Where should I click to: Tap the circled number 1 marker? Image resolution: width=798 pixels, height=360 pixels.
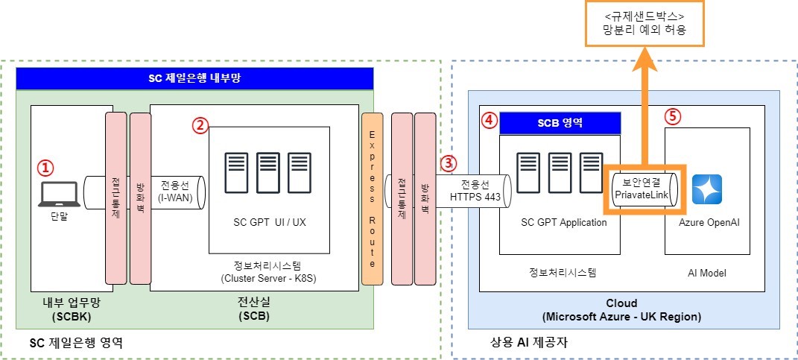pyautogui.click(x=46, y=168)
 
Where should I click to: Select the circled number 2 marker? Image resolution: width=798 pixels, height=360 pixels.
pyautogui.click(x=199, y=125)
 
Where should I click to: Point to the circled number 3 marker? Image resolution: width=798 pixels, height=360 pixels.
pyautogui.click(x=447, y=162)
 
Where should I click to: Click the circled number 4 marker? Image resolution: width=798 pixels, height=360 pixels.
pyautogui.click(x=488, y=119)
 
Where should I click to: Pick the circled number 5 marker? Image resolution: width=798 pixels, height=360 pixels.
pyautogui.click(x=672, y=117)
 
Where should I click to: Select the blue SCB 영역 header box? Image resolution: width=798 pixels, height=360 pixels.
pyautogui.click(x=560, y=124)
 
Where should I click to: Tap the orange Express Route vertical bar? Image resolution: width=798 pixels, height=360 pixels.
pyautogui.click(x=372, y=199)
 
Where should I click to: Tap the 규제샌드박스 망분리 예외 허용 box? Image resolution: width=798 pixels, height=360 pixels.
pyautogui.click(x=644, y=23)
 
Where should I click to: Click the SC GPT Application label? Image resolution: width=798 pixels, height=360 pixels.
pyautogui.click(x=563, y=222)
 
